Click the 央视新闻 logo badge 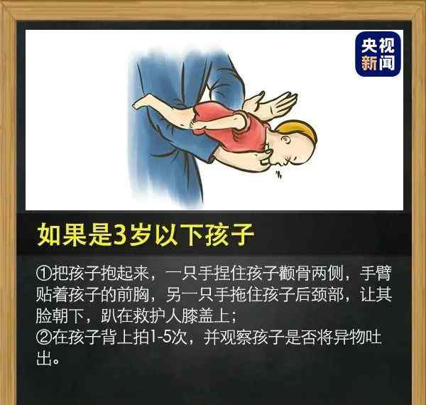pyautogui.click(x=378, y=53)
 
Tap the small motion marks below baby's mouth pyautogui.click(x=278, y=175)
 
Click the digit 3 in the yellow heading pyautogui.click(x=119, y=235)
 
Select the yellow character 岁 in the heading pyautogui.click(x=141, y=235)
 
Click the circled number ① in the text pyautogui.click(x=43, y=273)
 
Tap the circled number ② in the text pyautogui.click(x=43, y=337)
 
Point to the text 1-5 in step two pyautogui.click(x=161, y=337)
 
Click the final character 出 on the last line pyautogui.click(x=44, y=359)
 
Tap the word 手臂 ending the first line pyautogui.click(x=376, y=273)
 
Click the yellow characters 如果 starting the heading pyautogui.click(x=62, y=235)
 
